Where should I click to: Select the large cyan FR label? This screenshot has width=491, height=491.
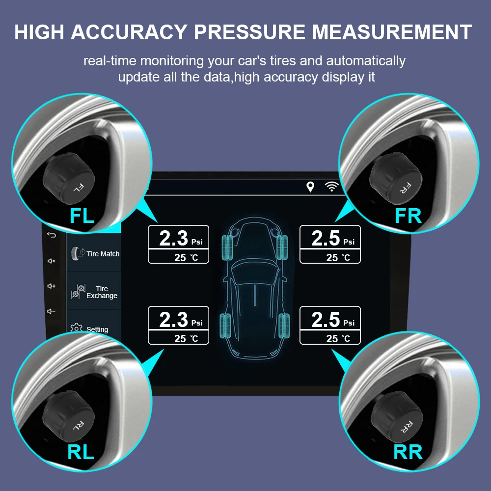point(408,216)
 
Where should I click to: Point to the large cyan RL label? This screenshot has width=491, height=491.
point(81,452)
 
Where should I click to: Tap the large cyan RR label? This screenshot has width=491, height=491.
point(408,452)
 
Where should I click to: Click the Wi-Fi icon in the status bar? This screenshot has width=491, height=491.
point(332,187)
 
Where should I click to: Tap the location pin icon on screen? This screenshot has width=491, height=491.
point(310,187)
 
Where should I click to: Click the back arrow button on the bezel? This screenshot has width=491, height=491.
point(52,235)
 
